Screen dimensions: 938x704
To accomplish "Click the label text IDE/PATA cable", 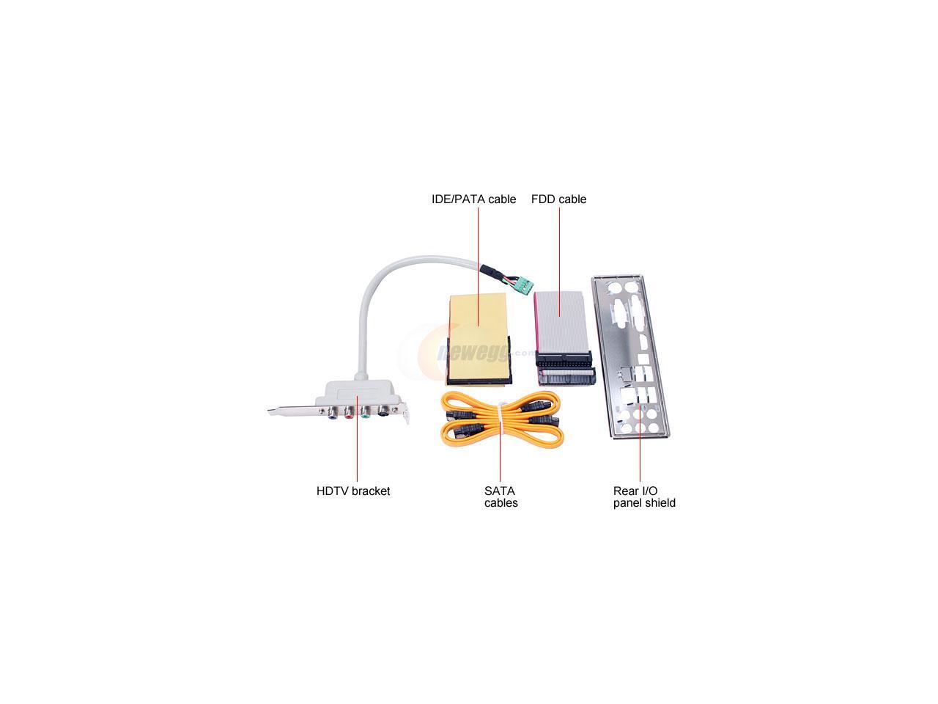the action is [473, 199].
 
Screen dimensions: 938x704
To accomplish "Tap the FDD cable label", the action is [558, 199].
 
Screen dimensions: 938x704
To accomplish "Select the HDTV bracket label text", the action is [353, 491].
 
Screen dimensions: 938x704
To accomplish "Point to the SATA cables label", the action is [501, 497].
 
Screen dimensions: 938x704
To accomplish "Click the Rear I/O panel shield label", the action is [644, 497].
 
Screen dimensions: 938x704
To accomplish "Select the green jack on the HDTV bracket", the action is [365, 413].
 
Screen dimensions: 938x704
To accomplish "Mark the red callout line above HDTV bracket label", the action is [358, 440].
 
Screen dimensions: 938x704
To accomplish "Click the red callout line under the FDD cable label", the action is [559, 257].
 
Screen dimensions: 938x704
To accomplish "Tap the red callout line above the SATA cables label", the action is [500, 455].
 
